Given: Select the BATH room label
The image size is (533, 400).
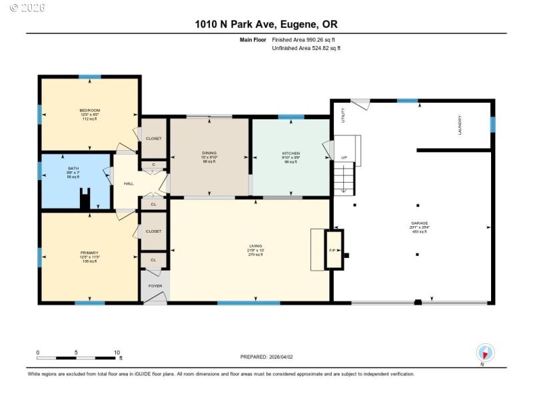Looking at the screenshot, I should (73, 169).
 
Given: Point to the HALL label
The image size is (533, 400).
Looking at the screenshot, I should (129, 184).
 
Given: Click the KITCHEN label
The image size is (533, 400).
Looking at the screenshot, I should (290, 153).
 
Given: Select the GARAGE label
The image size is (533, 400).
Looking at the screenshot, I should (419, 223).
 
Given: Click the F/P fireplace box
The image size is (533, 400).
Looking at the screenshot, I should (333, 249).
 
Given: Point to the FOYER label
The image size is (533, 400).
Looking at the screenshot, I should (155, 286).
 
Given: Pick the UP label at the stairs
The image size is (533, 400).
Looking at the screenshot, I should (344, 158).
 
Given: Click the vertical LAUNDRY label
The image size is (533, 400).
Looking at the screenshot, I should (460, 125).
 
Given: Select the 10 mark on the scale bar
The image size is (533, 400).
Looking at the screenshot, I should (117, 353).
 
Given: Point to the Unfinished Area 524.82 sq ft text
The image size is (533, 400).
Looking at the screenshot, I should (306, 49).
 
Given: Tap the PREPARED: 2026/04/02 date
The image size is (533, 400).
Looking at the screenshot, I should (266, 357).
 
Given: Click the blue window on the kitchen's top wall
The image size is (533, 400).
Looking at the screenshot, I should (291, 117).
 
